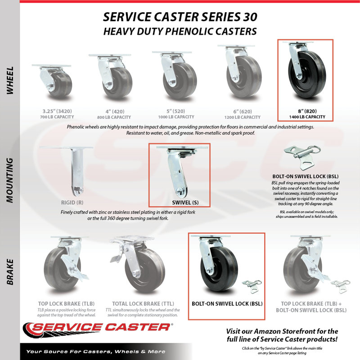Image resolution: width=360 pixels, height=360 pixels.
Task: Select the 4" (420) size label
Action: [x=115, y=112]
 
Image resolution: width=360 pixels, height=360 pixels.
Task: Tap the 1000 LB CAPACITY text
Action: [x=176, y=117]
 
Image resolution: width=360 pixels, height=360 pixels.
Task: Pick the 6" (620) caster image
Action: [x=240, y=72]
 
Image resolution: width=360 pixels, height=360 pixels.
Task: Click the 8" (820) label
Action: [x=307, y=111]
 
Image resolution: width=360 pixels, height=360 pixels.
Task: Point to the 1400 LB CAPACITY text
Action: [x=307, y=117]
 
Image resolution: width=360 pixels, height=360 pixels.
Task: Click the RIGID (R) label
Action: [x=72, y=202]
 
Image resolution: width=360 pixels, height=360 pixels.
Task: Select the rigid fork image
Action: [x=67, y=171]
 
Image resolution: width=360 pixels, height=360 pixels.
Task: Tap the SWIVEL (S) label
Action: [x=185, y=202]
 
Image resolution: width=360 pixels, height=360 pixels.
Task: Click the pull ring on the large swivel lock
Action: [x=316, y=150]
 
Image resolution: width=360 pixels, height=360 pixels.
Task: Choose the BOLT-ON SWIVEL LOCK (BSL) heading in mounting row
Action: [x=306, y=176]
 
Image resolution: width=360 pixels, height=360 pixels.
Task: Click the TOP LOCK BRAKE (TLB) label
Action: [x=66, y=304]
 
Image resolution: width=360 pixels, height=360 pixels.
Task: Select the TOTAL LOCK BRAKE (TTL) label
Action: [x=143, y=304]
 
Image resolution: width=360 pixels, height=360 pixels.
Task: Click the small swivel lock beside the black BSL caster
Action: [x=252, y=286]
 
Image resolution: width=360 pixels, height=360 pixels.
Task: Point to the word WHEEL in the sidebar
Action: [x=10, y=81]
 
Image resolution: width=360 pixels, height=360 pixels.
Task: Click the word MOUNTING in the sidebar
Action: [x=10, y=180]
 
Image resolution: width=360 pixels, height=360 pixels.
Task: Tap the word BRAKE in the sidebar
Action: [x=10, y=272]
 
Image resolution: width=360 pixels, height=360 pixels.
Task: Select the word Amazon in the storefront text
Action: [x=267, y=331]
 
